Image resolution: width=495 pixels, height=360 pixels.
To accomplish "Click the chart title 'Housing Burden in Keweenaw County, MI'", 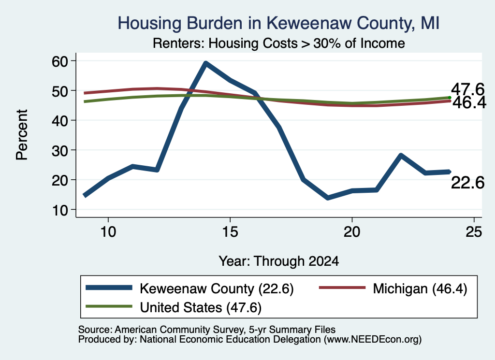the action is coord(278,23).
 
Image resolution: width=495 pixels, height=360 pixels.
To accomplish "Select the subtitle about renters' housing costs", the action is coord(279,43).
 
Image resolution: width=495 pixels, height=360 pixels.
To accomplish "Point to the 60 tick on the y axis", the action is coord(60,61).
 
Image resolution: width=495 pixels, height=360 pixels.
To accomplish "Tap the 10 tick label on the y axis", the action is coord(60,210).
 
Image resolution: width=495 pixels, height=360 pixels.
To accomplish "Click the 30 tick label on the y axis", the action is coord(60,150).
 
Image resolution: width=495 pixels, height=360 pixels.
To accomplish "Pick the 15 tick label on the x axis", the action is coord(230,232).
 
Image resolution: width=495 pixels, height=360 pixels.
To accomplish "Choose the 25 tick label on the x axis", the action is coord(474,232).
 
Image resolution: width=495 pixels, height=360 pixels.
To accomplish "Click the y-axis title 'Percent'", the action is coord(22,135).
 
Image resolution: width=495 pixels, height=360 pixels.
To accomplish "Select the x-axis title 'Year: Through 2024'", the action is coord(279,261).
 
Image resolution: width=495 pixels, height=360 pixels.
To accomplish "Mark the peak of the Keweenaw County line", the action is coord(205,63).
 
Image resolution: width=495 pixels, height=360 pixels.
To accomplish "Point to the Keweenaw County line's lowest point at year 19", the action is coord(328,198).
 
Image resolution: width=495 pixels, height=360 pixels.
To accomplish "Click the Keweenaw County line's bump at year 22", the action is coord(401,155).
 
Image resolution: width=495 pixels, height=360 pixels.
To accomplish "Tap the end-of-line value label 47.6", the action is coord(467,89).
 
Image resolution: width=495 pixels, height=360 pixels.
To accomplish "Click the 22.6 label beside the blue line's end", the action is coord(467,183).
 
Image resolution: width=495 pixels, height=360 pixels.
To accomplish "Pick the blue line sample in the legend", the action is coord(109,288).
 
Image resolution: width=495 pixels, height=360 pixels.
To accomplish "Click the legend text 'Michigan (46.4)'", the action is coord(420,288).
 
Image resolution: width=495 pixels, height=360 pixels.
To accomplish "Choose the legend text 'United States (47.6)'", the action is coord(201,307).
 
